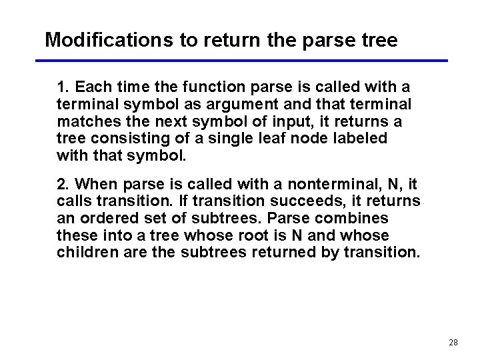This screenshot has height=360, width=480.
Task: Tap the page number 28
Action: (x=453, y=342)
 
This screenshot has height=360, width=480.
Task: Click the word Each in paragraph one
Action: (x=92, y=87)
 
